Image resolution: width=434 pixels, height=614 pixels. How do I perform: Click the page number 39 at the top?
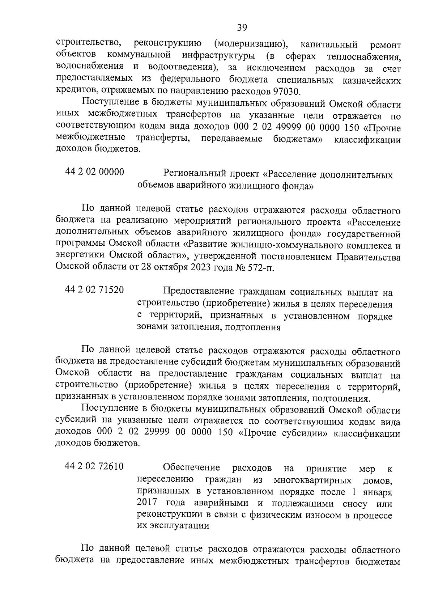(242, 27)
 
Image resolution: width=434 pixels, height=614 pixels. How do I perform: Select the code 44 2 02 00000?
(94, 172)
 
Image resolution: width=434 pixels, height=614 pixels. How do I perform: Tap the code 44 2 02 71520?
(94, 290)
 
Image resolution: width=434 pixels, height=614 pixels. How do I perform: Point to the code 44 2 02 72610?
(94, 467)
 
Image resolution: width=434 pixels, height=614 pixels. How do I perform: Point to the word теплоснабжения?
(364, 56)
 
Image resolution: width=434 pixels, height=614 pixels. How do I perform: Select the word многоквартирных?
(313, 480)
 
